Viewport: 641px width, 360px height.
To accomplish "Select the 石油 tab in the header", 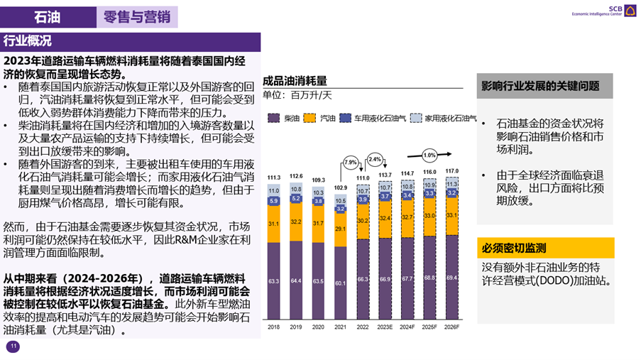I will [48, 17].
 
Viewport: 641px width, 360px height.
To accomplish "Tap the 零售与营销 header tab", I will [137, 17].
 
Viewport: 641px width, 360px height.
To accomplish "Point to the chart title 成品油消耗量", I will [295, 81].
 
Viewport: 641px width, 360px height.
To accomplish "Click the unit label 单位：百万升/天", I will [297, 94].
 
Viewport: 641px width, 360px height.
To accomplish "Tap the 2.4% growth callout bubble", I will [375, 159].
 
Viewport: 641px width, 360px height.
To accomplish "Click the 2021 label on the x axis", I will [340, 328].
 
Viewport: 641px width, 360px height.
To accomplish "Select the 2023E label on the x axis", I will [385, 328].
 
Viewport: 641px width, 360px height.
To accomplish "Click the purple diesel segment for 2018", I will [274, 280].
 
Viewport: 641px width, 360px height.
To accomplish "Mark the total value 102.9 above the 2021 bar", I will [341, 187].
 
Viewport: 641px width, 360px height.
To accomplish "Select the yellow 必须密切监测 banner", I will [544, 248].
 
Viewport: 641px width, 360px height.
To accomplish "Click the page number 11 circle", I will [13, 347].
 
